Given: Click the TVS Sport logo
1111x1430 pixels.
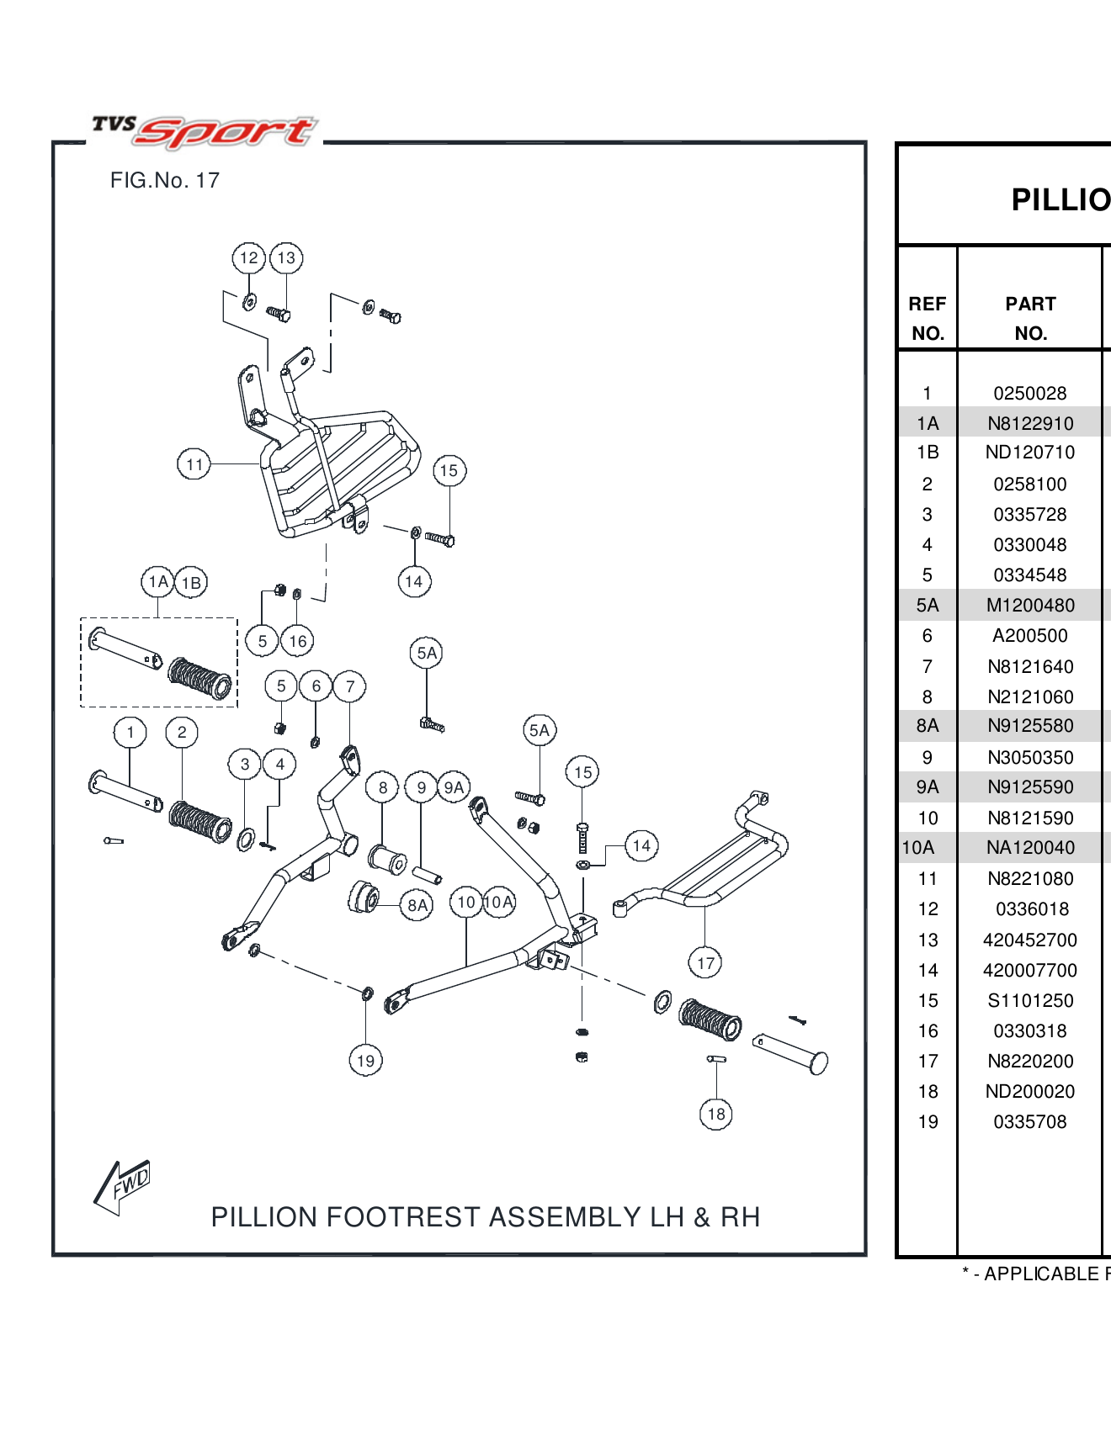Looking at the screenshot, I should (205, 131).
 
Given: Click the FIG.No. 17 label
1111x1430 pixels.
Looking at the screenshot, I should (165, 180).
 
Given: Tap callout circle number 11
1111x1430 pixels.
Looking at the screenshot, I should (194, 464).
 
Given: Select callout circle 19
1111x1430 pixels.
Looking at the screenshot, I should (365, 1061).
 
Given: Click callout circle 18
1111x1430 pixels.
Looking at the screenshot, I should (715, 1115).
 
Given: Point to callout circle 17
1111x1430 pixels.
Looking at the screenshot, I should (705, 963).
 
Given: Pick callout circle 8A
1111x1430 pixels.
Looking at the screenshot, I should (417, 905).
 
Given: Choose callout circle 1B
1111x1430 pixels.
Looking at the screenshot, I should (192, 582).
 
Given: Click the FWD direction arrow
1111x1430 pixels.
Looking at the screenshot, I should (123, 1187).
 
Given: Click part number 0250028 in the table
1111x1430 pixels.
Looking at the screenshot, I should (1029, 393).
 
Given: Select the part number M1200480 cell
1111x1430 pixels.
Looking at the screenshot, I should (1030, 605).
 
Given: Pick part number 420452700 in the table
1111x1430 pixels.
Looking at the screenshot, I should (1029, 940).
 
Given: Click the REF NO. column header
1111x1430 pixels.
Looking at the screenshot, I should (928, 318).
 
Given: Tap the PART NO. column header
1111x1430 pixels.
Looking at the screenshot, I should (1030, 318).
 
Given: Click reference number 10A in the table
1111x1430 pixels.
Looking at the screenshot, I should (918, 847).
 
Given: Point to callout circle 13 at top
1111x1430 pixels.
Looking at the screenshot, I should (286, 258).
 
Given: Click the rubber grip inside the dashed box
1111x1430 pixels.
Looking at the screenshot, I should (199, 678).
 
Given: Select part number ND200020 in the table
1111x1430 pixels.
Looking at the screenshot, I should (1029, 1091).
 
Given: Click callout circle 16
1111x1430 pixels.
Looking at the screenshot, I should (297, 641).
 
